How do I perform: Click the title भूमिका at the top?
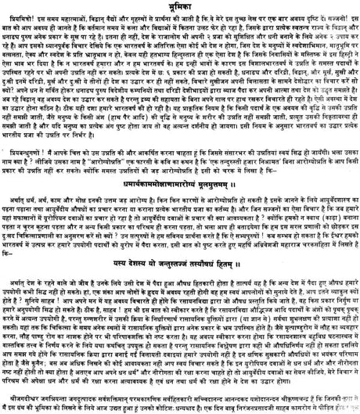[180, 5]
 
